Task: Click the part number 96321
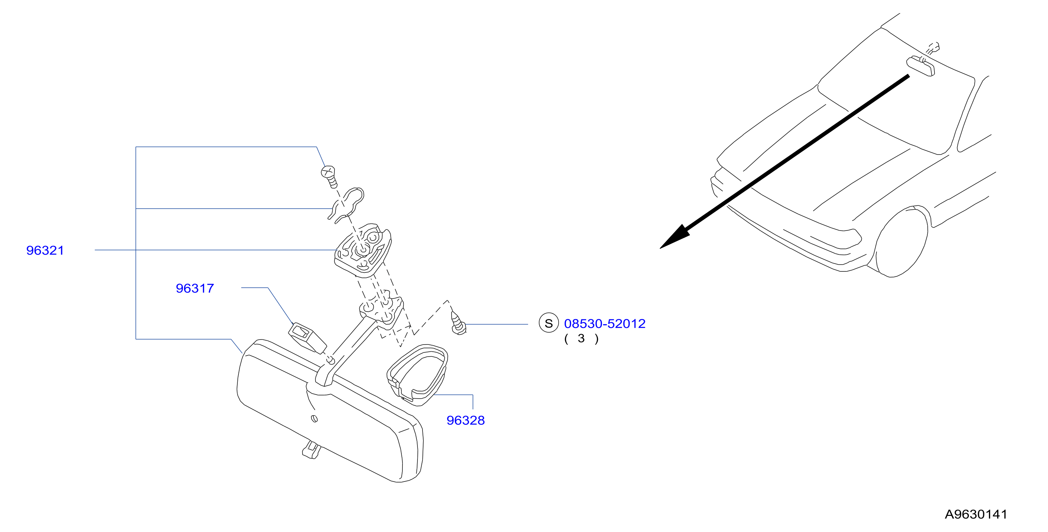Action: coord(45,251)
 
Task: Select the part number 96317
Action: coord(195,288)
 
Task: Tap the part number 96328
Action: coord(466,421)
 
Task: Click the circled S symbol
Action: coord(549,323)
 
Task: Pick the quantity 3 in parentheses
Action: coord(581,338)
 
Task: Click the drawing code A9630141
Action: coord(976,514)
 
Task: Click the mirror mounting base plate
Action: coord(363,250)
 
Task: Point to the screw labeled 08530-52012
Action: coord(459,324)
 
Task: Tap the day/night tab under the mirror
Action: coord(311,450)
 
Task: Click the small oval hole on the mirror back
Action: coord(314,419)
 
